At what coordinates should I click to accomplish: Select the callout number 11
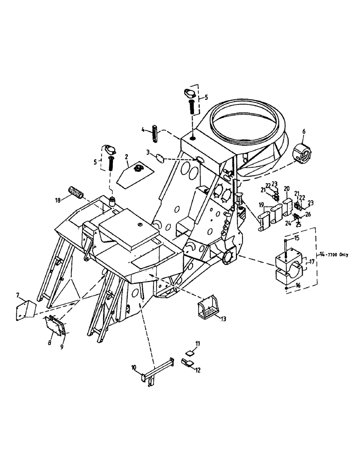coord(197,343)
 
